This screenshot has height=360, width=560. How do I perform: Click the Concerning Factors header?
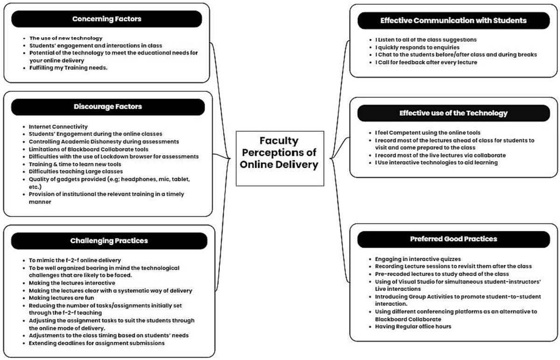(106, 19)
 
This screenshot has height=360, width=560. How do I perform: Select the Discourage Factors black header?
(107, 107)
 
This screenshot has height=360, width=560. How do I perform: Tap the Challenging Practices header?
(109, 241)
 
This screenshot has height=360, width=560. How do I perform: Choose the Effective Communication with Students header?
(453, 21)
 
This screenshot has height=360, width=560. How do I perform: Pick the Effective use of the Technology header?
(453, 113)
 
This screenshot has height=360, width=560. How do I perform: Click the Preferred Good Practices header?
(453, 239)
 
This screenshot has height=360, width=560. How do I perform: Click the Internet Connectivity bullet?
(58, 126)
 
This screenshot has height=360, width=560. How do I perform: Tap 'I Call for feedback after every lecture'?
(426, 62)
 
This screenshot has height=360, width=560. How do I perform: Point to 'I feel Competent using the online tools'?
(427, 133)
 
